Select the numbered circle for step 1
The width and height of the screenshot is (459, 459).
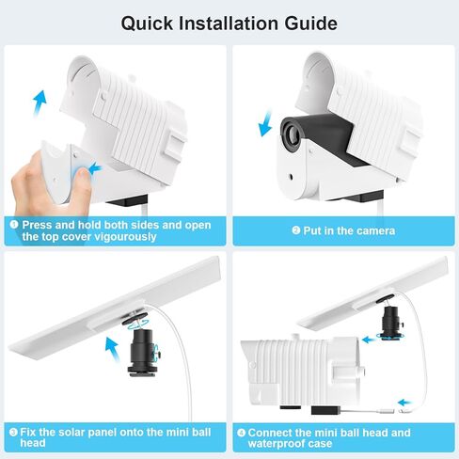coord(14,226)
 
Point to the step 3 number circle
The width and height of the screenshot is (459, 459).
coord(14,433)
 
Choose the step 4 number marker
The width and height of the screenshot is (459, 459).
coord(243,433)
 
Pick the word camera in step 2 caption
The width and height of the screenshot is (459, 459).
coord(373,230)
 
